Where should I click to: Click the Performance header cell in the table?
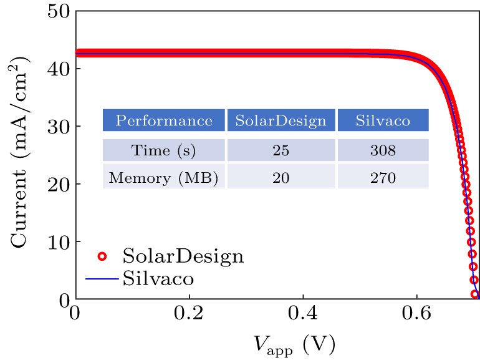164,120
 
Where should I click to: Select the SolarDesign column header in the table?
281,120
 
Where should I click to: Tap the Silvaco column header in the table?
383,120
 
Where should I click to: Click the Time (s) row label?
164,150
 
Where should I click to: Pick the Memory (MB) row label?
164,178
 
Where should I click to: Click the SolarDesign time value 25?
281,150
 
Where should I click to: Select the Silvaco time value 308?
383,150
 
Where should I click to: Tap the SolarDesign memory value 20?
281,178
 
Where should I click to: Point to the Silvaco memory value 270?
383,178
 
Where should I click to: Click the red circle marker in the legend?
103,256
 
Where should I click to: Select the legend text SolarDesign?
183,256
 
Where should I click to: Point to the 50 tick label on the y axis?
59,11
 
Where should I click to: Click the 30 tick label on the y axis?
59,127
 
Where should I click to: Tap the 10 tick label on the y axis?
59,241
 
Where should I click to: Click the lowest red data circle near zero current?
476,294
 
